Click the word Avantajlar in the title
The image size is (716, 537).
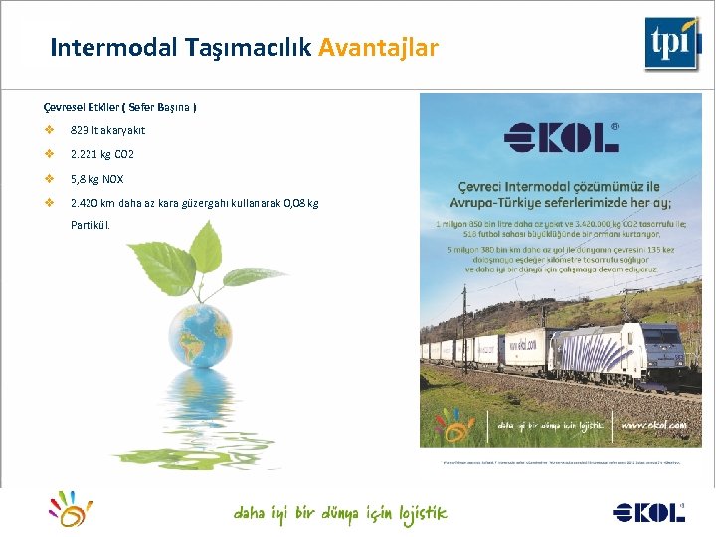[378, 47]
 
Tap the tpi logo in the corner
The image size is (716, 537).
[672, 43]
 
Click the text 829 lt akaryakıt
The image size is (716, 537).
[107, 130]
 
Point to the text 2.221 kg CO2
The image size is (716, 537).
[101, 155]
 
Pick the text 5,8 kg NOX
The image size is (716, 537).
[96, 180]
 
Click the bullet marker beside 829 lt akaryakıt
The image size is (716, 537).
[48, 130]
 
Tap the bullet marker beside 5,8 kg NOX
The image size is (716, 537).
[48, 180]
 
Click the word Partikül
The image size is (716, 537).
[90, 225]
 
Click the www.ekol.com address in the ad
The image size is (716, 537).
[653, 425]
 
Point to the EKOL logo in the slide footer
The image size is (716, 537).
[648, 512]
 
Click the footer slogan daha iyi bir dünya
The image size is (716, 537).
[340, 513]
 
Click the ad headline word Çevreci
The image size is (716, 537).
[486, 187]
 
